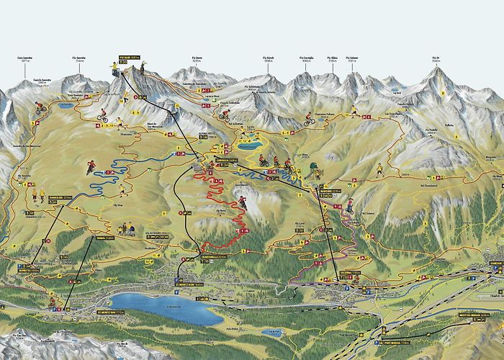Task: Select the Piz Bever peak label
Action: click(200, 58)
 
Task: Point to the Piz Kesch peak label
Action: click(269, 58)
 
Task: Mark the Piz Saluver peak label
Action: click(353, 58)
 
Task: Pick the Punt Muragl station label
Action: click(397, 343)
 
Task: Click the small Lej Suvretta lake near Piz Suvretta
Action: click(66, 106)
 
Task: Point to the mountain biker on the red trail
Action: click(243, 203)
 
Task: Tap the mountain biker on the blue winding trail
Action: click(91, 167)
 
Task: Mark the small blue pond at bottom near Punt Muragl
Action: click(272, 333)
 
